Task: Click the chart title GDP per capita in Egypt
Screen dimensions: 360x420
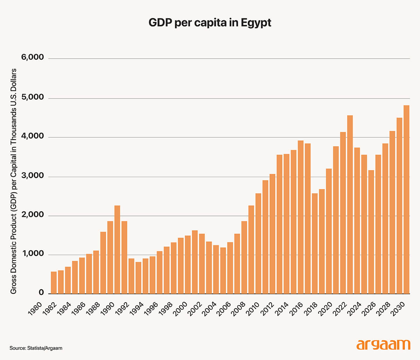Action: coord(210,23)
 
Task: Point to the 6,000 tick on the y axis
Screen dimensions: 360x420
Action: coord(33,57)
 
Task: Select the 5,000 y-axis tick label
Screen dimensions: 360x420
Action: coord(33,97)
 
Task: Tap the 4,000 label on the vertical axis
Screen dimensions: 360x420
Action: coord(33,136)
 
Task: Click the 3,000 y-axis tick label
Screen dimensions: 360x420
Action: coord(33,176)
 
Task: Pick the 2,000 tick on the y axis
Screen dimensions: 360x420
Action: coord(33,215)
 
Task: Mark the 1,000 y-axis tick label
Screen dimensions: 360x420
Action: coord(33,254)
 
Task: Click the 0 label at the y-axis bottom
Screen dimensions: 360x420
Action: coord(41,293)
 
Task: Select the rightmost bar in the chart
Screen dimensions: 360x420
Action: coord(406,199)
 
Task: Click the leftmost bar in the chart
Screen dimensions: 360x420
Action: coord(54,283)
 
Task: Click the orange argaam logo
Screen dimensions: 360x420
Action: coord(383,345)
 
